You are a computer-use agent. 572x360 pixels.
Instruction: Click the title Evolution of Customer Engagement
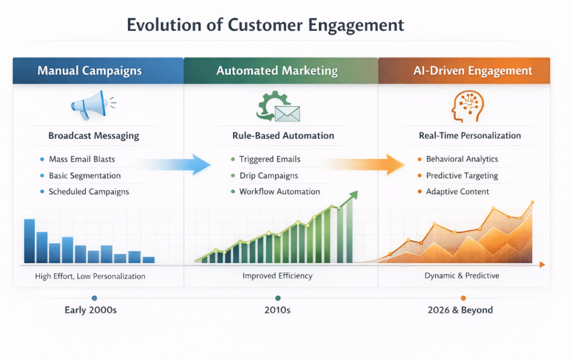pyautogui.click(x=265, y=25)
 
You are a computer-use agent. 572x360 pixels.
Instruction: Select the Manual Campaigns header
pyautogui.click(x=89, y=71)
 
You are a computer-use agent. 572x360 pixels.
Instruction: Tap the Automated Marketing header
pyautogui.click(x=277, y=71)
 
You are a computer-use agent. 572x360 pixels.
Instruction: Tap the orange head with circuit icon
pyautogui.click(x=466, y=107)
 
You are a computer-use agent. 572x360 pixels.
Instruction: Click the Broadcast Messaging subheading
pyautogui.click(x=94, y=136)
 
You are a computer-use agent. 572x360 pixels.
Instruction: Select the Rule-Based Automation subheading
pyautogui.click(x=283, y=136)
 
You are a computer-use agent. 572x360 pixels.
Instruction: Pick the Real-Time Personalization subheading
pyautogui.click(x=470, y=136)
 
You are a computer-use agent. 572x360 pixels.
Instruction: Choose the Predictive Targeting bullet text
pyautogui.click(x=462, y=176)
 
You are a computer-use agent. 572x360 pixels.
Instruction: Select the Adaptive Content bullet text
pyautogui.click(x=457, y=191)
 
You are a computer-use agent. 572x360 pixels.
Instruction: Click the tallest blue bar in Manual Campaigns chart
pyautogui.click(x=30, y=241)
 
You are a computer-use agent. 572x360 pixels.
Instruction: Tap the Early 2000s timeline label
pyautogui.click(x=90, y=310)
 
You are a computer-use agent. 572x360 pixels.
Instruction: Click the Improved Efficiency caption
pyautogui.click(x=278, y=276)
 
